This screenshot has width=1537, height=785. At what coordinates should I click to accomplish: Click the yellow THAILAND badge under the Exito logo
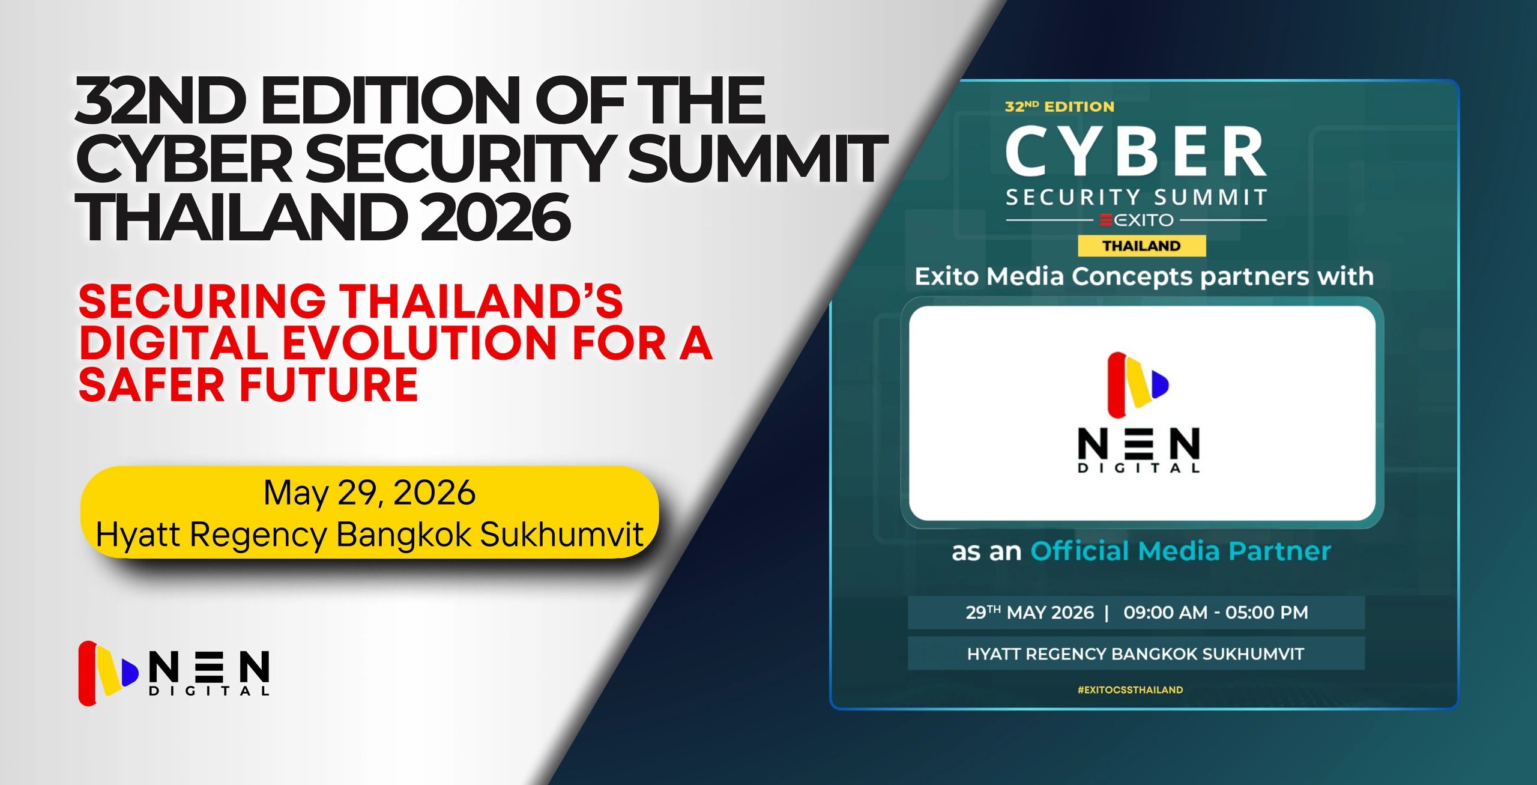[x=1141, y=246]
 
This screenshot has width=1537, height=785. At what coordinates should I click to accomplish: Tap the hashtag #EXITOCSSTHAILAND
[x=1130, y=690]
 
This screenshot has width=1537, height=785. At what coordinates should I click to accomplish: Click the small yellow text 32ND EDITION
[x=1060, y=107]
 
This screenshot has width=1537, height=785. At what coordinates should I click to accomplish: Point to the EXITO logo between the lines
[x=1137, y=220]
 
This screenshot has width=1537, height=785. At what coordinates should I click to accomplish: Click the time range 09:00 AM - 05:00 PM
[x=1216, y=613]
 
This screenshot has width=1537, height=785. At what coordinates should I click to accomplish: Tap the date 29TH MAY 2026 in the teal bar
[x=1030, y=613]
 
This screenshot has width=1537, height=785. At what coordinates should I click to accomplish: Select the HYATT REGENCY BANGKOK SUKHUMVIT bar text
[x=1135, y=654]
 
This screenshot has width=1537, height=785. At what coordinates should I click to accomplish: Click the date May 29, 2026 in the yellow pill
[x=369, y=494]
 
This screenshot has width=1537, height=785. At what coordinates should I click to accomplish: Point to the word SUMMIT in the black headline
[x=757, y=159]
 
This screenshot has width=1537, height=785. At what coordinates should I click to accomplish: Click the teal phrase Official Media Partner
[x=1180, y=551]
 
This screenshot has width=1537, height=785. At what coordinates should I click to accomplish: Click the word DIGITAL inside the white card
[x=1139, y=468]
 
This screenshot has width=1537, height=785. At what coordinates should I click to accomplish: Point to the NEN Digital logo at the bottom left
[x=174, y=673]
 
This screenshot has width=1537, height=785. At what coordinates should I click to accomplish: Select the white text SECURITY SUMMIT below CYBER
[x=1136, y=197]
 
